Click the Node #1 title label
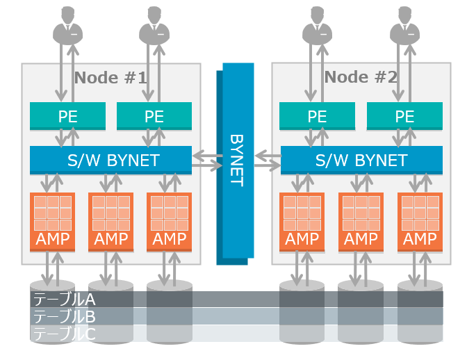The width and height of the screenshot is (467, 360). [x=110, y=77]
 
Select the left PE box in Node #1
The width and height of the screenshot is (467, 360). [x=67, y=116]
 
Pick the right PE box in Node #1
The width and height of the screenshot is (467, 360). [x=154, y=116]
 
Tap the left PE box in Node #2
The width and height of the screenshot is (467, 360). [x=317, y=116]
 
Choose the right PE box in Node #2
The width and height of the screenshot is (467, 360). [x=404, y=116]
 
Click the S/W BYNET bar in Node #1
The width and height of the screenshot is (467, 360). [x=110, y=161]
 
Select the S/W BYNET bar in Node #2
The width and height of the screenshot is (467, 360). [x=361, y=161]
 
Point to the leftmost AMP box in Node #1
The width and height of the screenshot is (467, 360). [x=52, y=221]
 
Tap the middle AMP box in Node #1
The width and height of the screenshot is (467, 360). [x=111, y=221]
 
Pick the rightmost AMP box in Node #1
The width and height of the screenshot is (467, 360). [x=170, y=221]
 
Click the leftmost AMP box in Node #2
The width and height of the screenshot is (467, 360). [x=302, y=221]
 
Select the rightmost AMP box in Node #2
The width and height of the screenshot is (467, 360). [x=420, y=221]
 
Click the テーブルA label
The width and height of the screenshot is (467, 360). [x=64, y=300]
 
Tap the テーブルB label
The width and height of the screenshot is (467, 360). [x=64, y=316]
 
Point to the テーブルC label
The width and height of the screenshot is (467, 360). [x=64, y=334]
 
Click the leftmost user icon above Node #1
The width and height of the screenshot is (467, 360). [x=68, y=24]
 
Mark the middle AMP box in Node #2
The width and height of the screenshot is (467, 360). [x=361, y=221]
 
